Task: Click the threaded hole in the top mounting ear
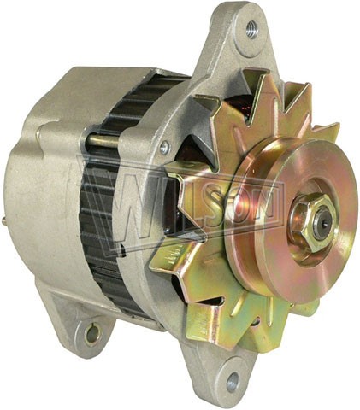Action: tap(251, 28)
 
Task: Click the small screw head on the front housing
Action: tap(164, 148)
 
